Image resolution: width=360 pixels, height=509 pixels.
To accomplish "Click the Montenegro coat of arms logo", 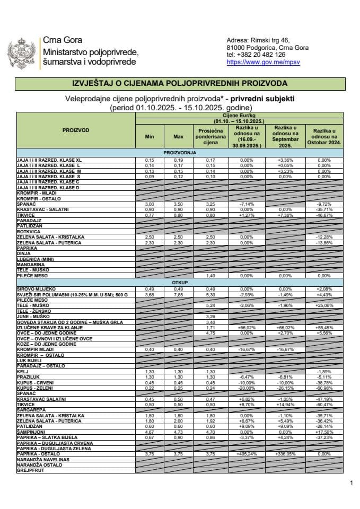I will pyautogui.click(x=22, y=52).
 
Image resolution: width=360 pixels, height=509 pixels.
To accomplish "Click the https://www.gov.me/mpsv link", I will pyautogui.click(x=256, y=62).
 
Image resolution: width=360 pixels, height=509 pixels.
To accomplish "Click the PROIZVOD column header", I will pyautogui.click(x=76, y=130).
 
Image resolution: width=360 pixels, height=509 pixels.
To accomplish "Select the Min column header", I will pyautogui.click(x=149, y=137).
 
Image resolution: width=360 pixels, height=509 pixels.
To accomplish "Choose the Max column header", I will pyautogui.click(x=178, y=137).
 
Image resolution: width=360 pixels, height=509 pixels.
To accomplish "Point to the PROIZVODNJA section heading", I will pyautogui.click(x=180, y=152).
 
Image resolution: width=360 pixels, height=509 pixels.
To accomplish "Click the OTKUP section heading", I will pyautogui.click(x=180, y=283).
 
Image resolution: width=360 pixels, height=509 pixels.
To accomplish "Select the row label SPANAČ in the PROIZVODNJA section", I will pyautogui.click(x=27, y=204).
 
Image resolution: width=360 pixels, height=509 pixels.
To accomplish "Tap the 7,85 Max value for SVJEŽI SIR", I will pyautogui.click(x=178, y=295).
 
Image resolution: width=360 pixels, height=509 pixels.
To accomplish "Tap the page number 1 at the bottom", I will pyautogui.click(x=351, y=483).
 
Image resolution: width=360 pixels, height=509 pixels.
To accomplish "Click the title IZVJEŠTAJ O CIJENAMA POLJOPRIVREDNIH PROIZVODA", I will pyautogui.click(x=180, y=84).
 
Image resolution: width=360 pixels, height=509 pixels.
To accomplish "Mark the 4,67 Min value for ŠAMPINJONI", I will pyautogui.click(x=149, y=432).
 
